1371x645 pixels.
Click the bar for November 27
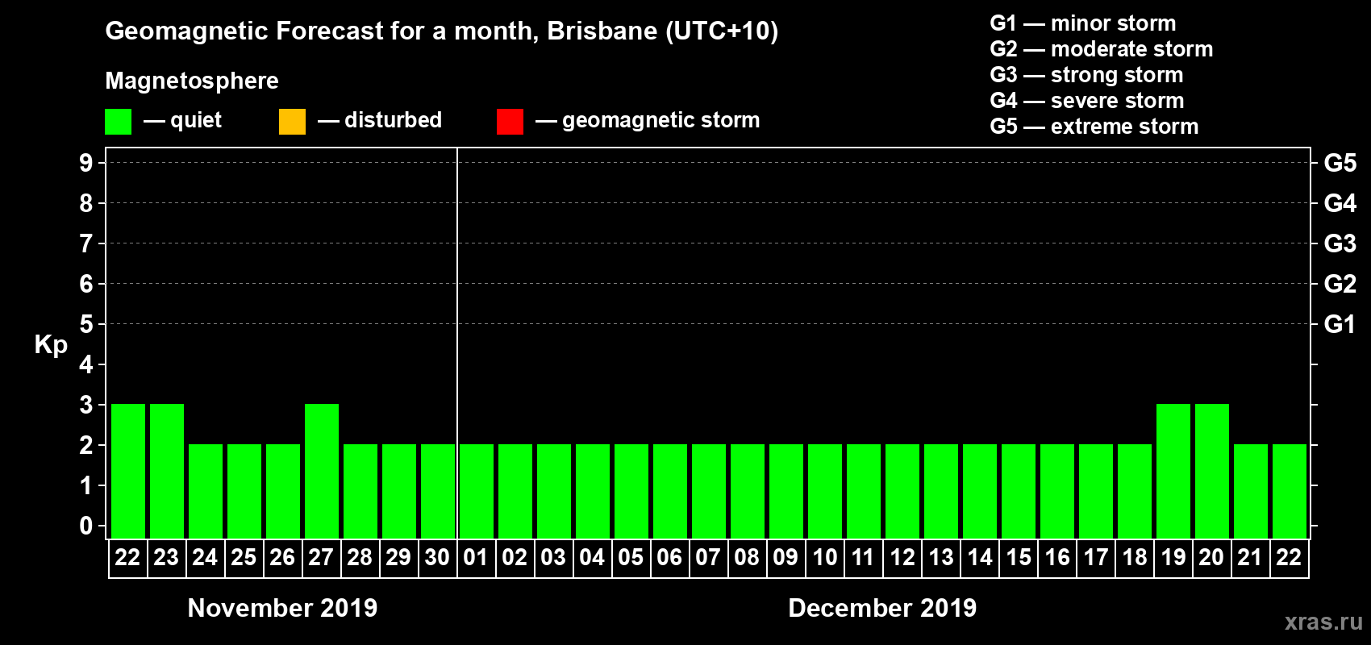click(322, 471)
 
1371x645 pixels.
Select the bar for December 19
click(1173, 471)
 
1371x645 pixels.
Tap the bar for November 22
click(128, 471)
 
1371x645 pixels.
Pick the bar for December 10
click(825, 491)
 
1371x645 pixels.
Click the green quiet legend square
click(118, 122)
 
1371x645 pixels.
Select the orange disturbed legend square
click(292, 122)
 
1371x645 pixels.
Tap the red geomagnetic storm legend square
click(510, 122)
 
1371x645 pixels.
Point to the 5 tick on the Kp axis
click(86, 324)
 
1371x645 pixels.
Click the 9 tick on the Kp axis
click(86, 163)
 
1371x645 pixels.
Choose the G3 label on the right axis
click(1340, 243)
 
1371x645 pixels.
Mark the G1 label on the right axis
click(1340, 324)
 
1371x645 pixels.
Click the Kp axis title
click(51, 345)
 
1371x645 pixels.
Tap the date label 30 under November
click(437, 557)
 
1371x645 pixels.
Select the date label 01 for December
click(476, 557)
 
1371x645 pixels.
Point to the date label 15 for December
click(1019, 557)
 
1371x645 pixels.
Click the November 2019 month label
click(282, 608)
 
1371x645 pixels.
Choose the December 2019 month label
click(882, 608)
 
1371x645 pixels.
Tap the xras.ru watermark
click(1323, 622)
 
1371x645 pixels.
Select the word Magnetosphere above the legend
click(192, 81)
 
